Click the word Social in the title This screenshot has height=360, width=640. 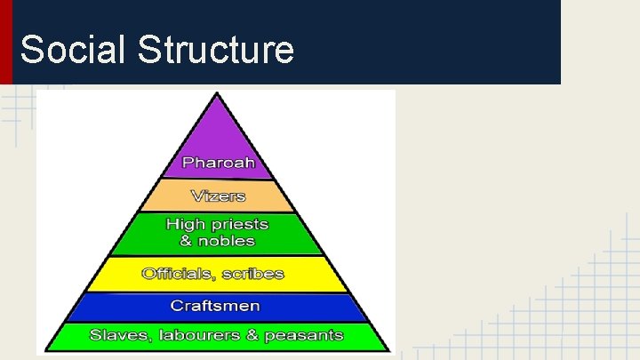click(74, 50)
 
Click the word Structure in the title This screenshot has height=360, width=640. click(215, 50)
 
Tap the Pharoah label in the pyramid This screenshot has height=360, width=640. click(218, 162)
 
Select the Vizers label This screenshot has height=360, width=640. click(218, 196)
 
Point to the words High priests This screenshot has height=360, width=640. click(218, 224)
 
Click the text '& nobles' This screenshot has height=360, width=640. click(218, 241)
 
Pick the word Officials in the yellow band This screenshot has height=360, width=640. click(175, 274)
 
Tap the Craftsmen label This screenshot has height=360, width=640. click(217, 306)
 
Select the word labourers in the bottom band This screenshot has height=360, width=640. click(188, 336)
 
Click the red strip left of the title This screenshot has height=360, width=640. click(6, 42)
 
